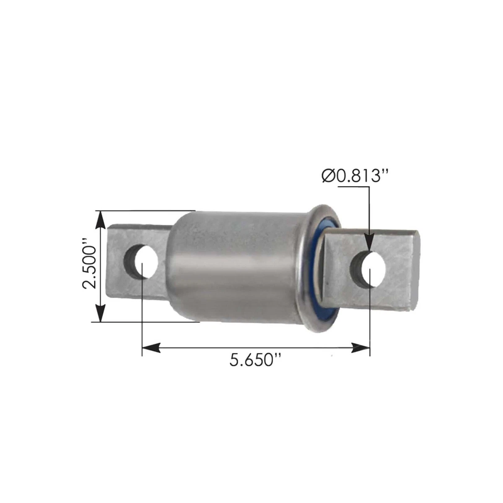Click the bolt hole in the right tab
coord(369,270)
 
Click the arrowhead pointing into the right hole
coord(369,245)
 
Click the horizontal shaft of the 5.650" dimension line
coord(256,347)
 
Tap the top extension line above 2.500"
coord(147,210)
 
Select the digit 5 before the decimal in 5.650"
coord(235,360)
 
